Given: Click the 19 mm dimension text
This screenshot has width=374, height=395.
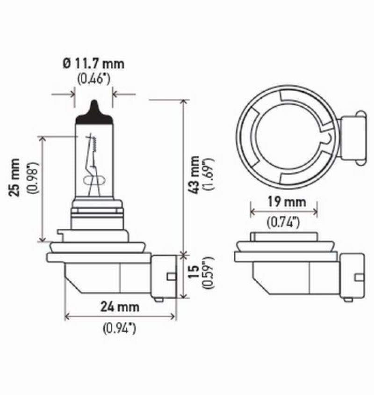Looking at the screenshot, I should click(284, 202).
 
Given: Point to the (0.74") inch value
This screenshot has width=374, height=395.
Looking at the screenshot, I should click(284, 222).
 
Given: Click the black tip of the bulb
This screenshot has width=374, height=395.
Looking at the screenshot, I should click(94, 112).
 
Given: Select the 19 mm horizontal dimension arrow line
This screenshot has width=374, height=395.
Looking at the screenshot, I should click(284, 212).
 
